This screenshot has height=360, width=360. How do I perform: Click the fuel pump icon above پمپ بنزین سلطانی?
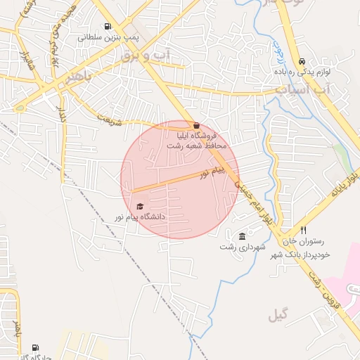click(x=107, y=27)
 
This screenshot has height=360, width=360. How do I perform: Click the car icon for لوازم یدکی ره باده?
click(x=302, y=61)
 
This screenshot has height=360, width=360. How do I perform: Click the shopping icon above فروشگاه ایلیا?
click(x=195, y=124)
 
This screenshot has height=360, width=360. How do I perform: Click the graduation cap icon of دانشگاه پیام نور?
click(x=140, y=207)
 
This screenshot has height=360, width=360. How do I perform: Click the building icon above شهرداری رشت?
click(x=243, y=236)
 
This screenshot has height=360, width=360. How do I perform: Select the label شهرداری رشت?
click(x=243, y=247)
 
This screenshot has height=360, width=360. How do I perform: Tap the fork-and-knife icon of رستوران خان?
click(x=304, y=230)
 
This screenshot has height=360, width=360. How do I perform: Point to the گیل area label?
click(x=278, y=315)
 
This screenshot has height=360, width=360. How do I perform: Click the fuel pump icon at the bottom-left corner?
click(x=35, y=348)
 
